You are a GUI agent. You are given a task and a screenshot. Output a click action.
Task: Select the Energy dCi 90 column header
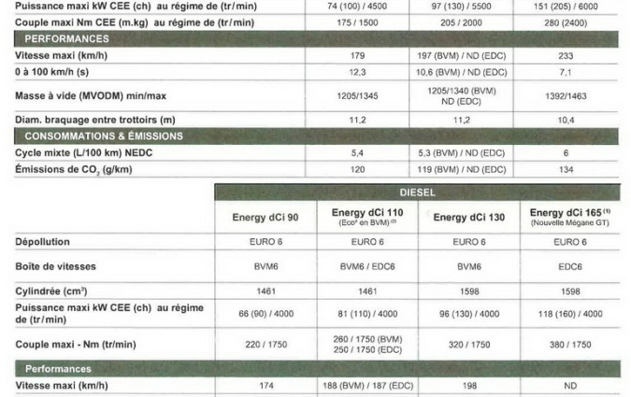click(x=265, y=218)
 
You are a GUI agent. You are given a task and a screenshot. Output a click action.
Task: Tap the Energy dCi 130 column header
click(x=468, y=218)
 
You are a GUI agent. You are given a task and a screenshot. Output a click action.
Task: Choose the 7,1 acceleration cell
click(x=566, y=71)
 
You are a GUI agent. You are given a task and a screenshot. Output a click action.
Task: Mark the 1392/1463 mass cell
click(x=566, y=95)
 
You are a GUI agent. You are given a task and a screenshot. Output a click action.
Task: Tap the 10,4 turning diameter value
click(x=566, y=121)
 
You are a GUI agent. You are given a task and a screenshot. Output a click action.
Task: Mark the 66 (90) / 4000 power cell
click(x=265, y=313)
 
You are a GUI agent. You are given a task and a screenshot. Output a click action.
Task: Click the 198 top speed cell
click(x=468, y=385)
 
